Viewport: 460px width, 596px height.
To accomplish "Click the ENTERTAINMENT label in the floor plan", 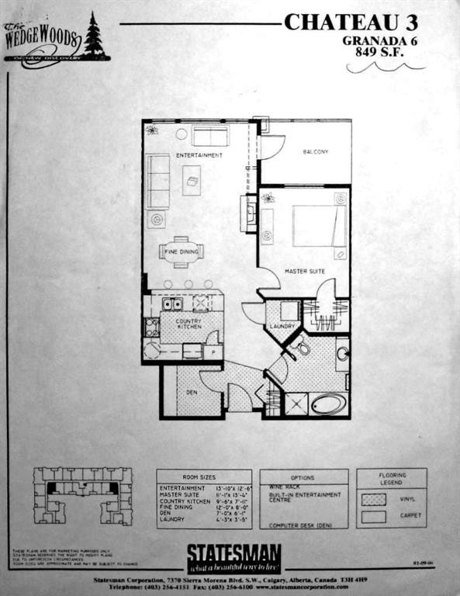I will coord(199,155).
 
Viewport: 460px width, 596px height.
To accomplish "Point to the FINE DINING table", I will coord(181,251).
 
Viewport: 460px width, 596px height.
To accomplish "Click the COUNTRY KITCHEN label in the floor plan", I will coord(188,324).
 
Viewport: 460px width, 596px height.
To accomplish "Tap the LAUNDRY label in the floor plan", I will coord(282,327).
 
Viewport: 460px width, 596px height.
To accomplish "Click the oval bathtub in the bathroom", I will coord(328,404).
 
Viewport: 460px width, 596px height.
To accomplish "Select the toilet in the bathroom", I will coord(301,348).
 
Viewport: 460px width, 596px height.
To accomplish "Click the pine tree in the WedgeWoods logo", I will coord(95,35).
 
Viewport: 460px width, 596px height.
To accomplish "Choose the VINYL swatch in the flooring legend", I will coord(373,499).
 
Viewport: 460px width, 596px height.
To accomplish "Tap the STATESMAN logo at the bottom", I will coord(233,556).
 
